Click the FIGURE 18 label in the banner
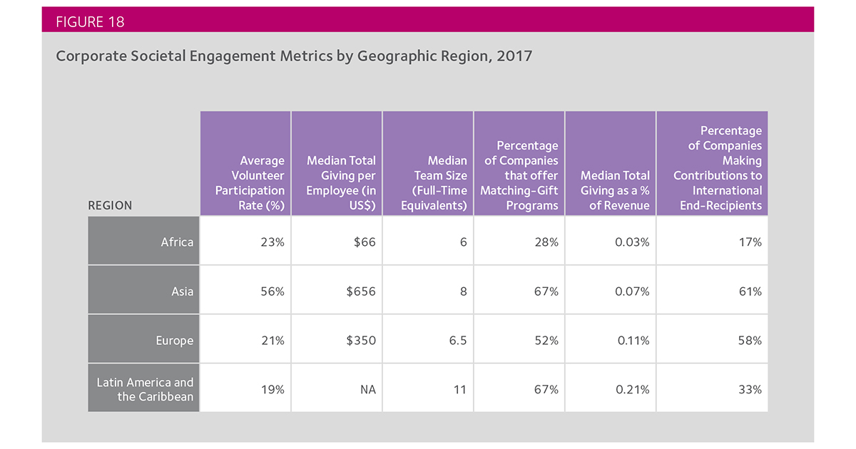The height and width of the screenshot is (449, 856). [90, 22]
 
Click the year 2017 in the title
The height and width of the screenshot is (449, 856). [514, 56]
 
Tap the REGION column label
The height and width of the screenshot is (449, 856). [110, 205]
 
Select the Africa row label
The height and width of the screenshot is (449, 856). [177, 242]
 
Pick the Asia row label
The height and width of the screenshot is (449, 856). [183, 291]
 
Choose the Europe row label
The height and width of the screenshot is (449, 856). [174, 341]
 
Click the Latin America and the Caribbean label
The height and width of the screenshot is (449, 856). [145, 389]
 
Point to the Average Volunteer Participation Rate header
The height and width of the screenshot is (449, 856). [250, 183]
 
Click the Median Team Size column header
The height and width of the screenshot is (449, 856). [434, 183]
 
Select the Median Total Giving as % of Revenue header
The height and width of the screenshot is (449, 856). [615, 190]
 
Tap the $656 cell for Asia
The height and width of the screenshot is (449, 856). [361, 291]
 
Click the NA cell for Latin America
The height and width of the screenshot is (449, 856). [368, 389]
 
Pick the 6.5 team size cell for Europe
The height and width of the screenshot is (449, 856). [458, 341]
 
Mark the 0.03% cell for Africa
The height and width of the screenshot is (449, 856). [632, 242]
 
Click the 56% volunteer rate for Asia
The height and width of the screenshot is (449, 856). [272, 291]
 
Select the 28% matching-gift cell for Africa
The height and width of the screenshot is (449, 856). [546, 242]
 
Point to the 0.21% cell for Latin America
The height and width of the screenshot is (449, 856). [633, 389]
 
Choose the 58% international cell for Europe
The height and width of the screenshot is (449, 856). [750, 341]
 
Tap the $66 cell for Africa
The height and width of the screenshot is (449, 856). [365, 242]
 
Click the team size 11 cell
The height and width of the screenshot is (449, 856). [459, 389]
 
